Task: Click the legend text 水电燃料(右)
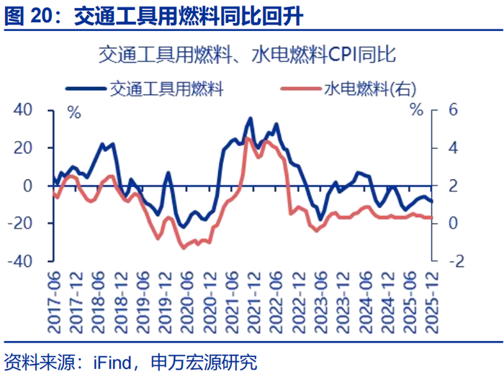coord(370,89)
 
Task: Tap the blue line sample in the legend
coord(86,89)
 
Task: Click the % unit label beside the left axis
coord(74,111)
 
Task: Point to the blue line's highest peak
coord(250,119)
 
